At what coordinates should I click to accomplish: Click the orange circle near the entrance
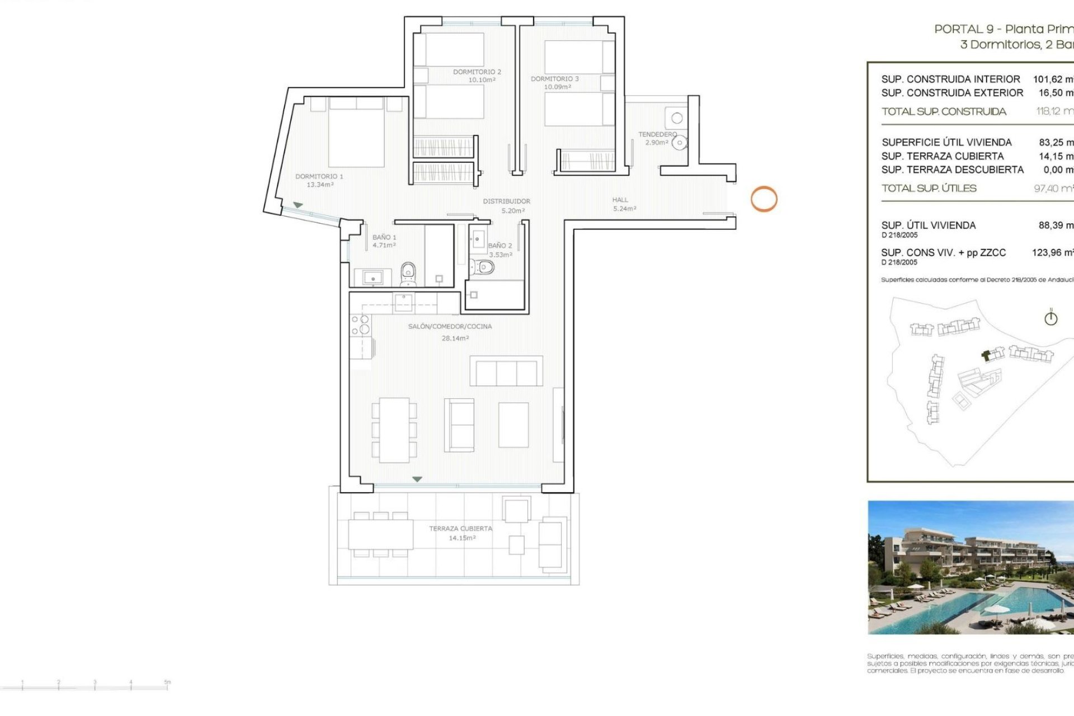tap(764, 199)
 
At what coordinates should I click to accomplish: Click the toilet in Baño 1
tap(408, 274)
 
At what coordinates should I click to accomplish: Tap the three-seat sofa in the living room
tap(506, 371)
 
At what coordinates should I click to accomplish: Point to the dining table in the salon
tap(394, 430)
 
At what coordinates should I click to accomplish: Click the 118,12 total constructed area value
tap(1054, 111)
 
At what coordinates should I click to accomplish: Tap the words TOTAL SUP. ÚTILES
tap(929, 189)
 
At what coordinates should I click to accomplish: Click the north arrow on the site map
tap(1051, 318)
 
